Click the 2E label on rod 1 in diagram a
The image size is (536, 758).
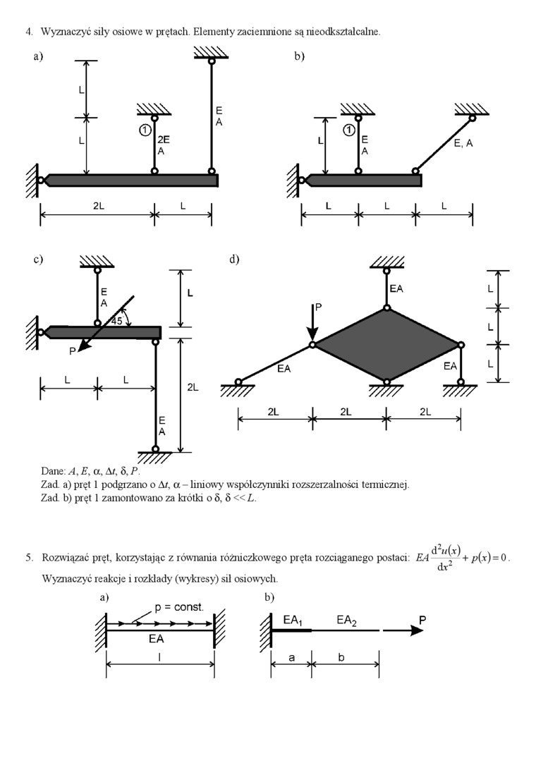tap(164, 140)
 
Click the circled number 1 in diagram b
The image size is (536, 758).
tap(348, 130)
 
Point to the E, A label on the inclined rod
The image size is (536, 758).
tap(463, 143)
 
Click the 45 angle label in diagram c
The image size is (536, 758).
tap(118, 321)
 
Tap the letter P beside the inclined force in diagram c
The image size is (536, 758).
tap(73, 351)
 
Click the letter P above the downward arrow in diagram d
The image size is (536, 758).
tap(319, 307)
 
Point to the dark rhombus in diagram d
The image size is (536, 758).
tap(386, 345)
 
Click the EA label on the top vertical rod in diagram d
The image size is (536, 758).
tap(396, 288)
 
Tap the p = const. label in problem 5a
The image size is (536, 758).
tap(179, 607)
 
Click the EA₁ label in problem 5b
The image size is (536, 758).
tap(293, 621)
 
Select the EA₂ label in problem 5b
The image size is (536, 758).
tap(346, 621)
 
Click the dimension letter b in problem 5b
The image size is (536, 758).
tap(341, 657)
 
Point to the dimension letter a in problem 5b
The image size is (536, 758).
tap(291, 658)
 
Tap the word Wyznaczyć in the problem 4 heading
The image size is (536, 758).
tap(63, 32)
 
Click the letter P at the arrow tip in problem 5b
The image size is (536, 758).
tap(422, 620)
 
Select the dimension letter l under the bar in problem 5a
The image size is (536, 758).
tap(160, 657)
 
